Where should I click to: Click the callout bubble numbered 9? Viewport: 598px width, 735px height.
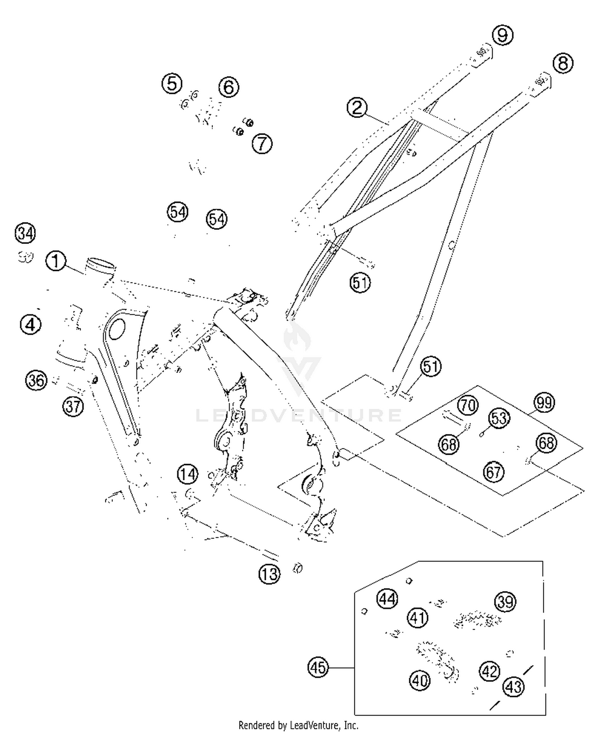click(x=503, y=35)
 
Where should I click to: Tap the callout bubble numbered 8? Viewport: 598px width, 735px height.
click(x=563, y=63)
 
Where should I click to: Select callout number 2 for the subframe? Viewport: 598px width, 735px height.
click(x=357, y=107)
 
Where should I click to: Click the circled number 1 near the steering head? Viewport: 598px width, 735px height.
click(x=56, y=261)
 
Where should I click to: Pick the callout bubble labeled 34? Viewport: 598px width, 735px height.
click(x=25, y=233)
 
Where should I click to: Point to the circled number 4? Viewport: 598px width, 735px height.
click(x=31, y=324)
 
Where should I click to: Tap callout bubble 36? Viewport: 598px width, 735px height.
click(x=36, y=380)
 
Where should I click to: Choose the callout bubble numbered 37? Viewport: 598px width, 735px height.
click(x=73, y=407)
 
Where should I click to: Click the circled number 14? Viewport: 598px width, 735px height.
click(x=187, y=474)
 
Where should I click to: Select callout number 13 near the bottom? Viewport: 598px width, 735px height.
click(x=269, y=574)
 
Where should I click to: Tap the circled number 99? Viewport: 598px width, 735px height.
click(x=544, y=403)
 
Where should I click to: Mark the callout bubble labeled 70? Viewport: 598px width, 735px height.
click(x=467, y=405)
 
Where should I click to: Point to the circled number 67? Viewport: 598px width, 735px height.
click(x=494, y=472)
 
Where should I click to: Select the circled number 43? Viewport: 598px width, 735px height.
click(x=513, y=686)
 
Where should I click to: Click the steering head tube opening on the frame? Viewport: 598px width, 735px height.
click(x=101, y=263)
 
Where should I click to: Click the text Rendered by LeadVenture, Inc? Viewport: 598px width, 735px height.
click(x=298, y=725)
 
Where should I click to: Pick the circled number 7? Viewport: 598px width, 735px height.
click(x=262, y=143)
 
